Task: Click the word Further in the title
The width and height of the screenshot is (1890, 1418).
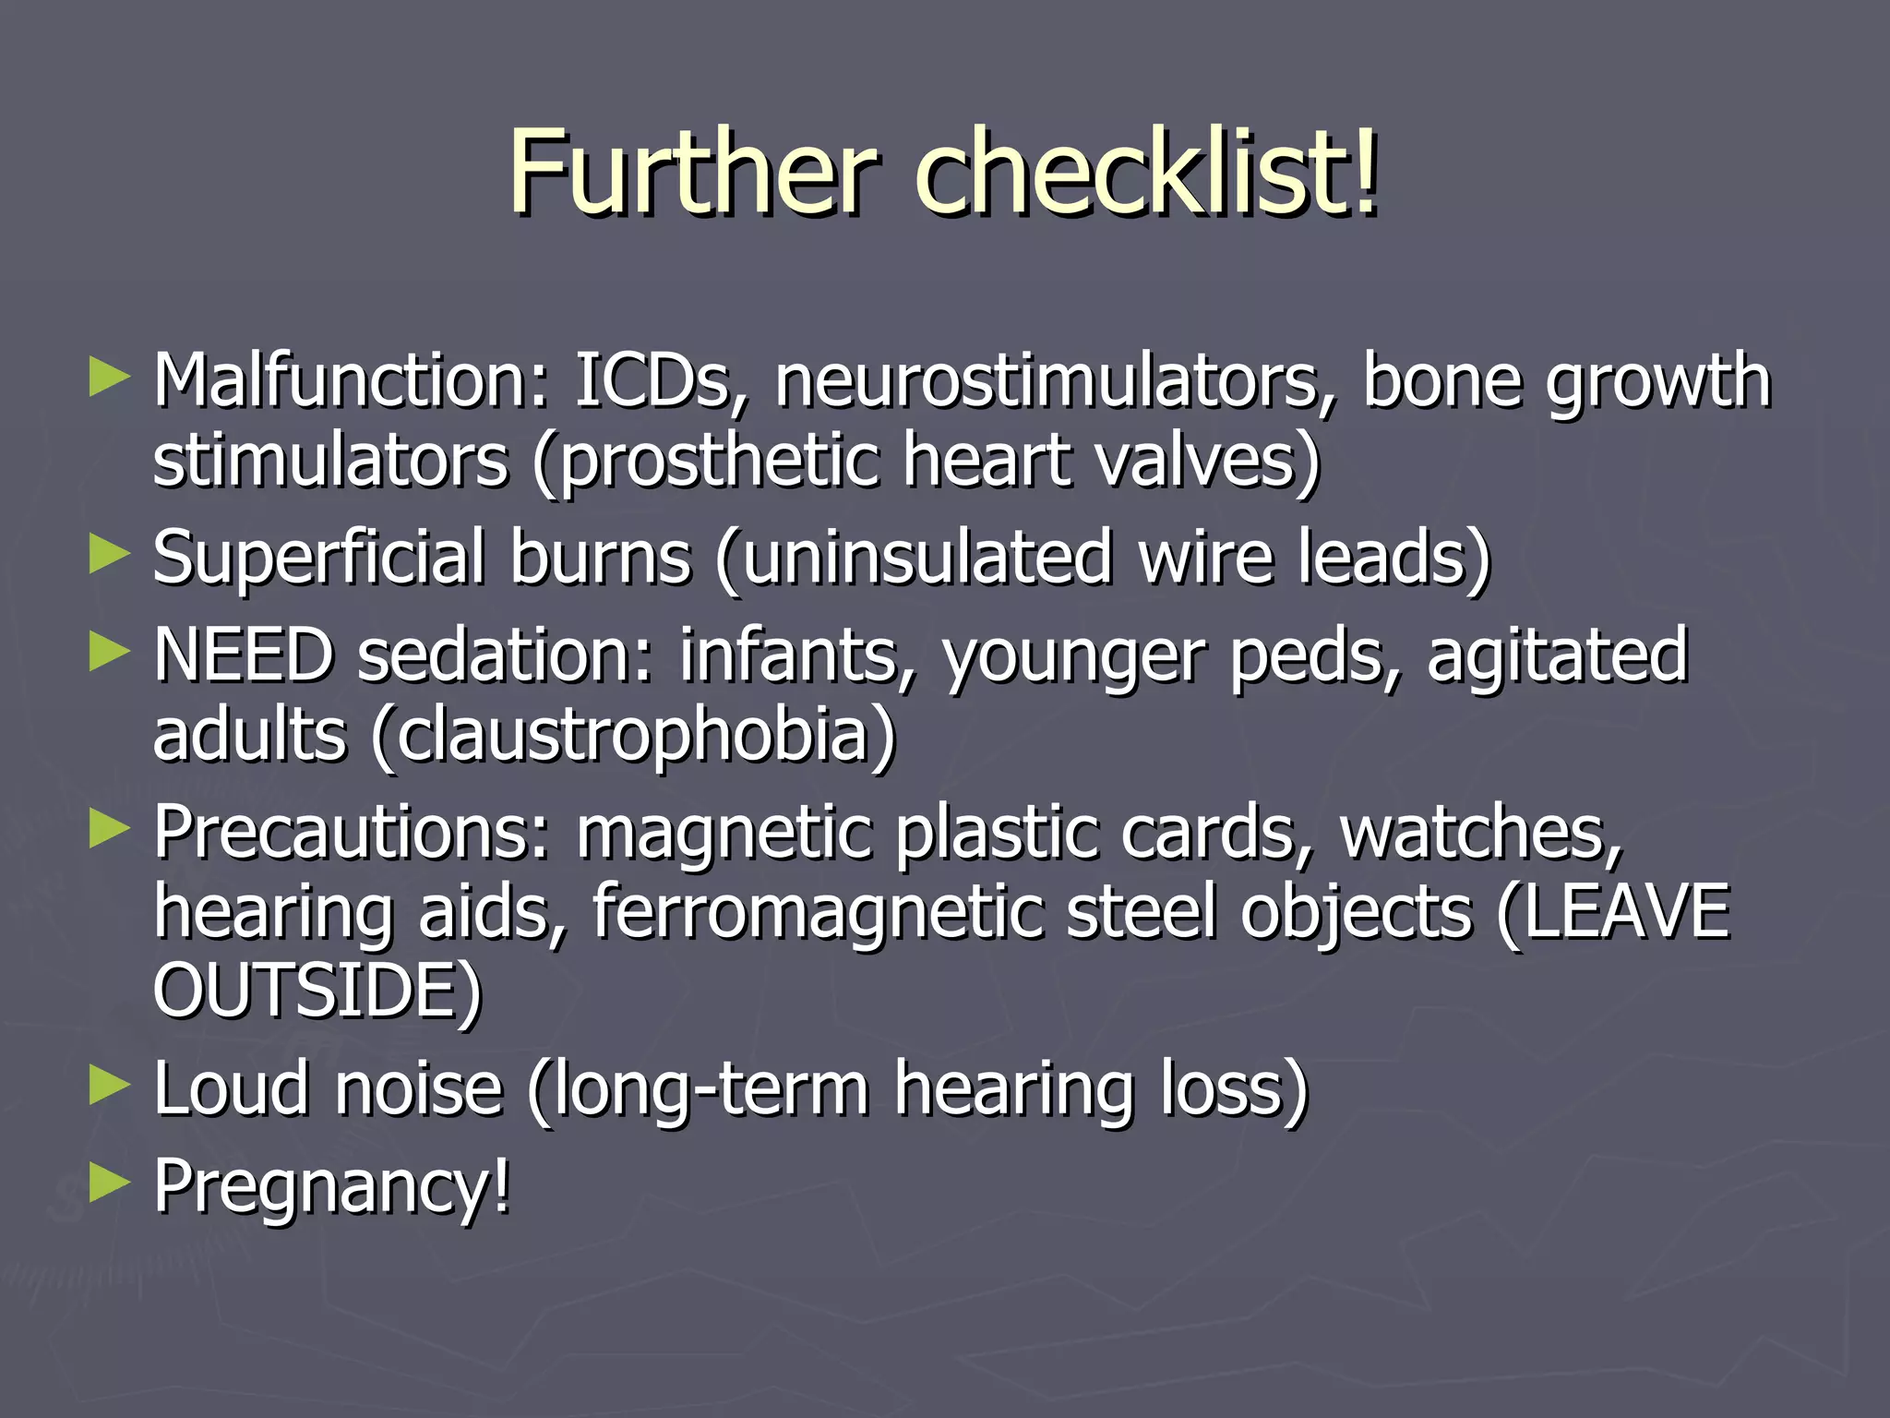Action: (690, 171)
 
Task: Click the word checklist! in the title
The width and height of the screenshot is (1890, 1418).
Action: (1146, 171)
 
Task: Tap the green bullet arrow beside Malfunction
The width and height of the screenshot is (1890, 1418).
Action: (109, 379)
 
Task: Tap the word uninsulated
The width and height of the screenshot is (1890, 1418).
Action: (927, 558)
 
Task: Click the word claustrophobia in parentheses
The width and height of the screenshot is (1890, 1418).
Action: (634, 735)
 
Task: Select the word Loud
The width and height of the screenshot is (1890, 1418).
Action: (234, 1089)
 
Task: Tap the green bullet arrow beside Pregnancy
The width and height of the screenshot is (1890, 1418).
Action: (109, 1184)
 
